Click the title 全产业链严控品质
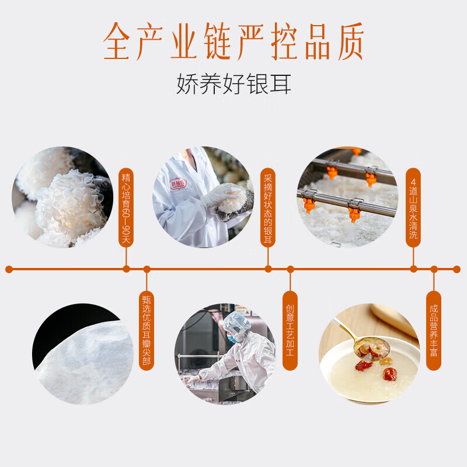pos(233,42)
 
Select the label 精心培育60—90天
pos(126,207)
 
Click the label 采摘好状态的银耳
pos(268,207)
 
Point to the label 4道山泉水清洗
pos(413,207)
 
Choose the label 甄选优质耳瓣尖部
pos(147,330)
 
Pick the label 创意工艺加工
pos(290,330)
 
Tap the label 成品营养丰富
pos(433,330)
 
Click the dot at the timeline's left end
pos(9,269)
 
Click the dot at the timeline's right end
pos(457,269)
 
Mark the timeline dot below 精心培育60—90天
pos(126,269)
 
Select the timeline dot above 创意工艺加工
pos(290,269)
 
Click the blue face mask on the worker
pos(232,338)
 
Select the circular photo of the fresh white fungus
pos(61,197)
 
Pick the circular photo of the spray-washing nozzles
pos(347,197)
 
